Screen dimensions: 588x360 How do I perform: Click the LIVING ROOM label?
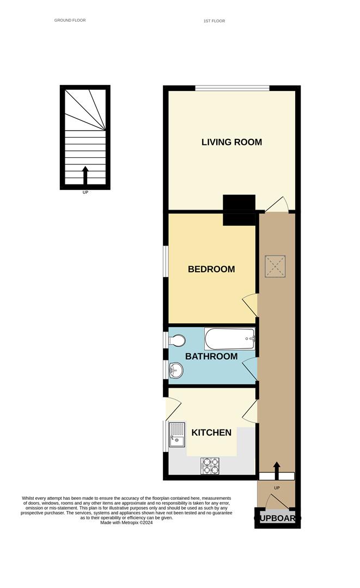click(231, 142)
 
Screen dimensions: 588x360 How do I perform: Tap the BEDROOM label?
click(211, 269)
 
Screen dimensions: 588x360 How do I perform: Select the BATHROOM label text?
click(211, 357)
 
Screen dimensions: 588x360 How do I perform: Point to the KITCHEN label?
click(211, 433)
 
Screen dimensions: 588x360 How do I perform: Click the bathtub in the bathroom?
click(229, 339)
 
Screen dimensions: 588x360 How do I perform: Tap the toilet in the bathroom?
click(176, 341)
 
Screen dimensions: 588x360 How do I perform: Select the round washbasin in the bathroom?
click(176, 371)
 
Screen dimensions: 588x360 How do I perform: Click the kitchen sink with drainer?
click(177, 434)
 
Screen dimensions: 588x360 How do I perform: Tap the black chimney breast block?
click(239, 210)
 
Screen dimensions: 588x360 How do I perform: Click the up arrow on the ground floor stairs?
click(85, 176)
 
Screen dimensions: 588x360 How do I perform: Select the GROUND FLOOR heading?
click(70, 20)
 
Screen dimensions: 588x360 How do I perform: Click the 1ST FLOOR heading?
click(214, 21)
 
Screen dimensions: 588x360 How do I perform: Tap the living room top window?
click(232, 88)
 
